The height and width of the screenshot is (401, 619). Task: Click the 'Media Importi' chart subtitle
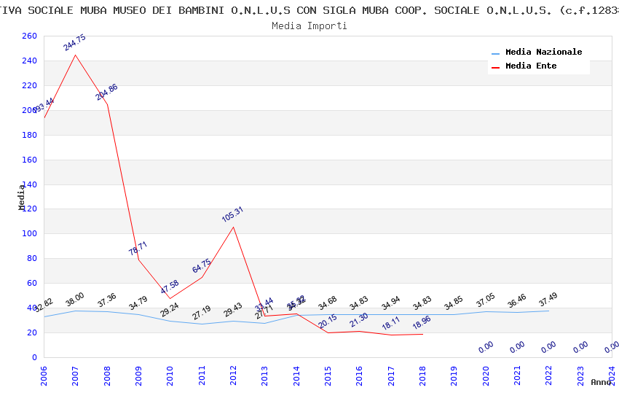[309, 26]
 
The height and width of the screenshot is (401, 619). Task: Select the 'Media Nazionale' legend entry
[543, 52]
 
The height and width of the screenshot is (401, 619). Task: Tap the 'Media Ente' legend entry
[531, 66]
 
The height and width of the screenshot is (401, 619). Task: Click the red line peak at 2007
[76, 55]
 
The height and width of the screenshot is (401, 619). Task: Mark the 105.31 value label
[233, 214]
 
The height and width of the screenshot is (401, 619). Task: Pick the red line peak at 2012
[234, 227]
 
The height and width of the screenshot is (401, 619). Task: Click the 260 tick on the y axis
[29, 36]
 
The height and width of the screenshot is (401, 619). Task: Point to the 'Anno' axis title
[601, 382]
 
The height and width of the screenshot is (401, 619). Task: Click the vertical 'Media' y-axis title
[22, 197]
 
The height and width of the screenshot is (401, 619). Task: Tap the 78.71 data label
[138, 248]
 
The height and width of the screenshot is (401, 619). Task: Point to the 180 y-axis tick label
[29, 135]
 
